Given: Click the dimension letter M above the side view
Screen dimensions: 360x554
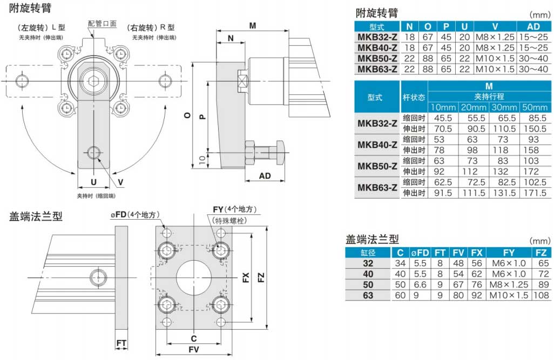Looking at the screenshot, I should (x=253, y=25).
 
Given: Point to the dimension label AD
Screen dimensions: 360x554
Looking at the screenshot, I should (x=265, y=176).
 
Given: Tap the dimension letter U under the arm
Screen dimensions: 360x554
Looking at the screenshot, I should (x=93, y=181).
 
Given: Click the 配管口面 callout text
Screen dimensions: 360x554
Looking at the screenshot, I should (x=102, y=24).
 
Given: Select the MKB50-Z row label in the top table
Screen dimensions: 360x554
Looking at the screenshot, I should (x=377, y=58).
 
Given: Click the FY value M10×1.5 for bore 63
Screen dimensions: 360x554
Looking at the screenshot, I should (x=509, y=295).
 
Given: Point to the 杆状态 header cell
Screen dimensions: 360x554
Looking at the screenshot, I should (x=415, y=97).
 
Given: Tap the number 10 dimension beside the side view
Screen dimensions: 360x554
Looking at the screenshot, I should (x=200, y=159).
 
